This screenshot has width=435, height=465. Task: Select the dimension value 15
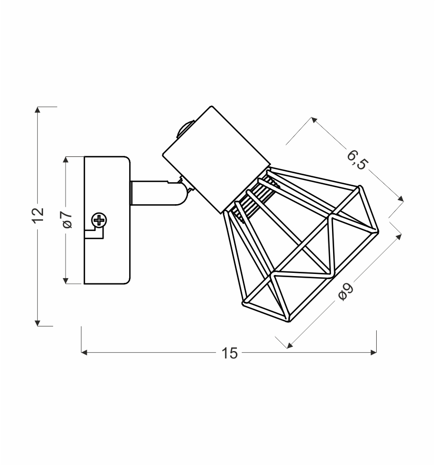[x=230, y=353]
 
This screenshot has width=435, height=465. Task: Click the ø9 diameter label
[x=346, y=292]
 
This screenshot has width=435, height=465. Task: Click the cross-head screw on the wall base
[x=99, y=220]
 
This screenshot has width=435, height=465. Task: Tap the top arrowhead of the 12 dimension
[x=37, y=110]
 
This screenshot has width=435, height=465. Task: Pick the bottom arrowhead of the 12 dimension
[x=37, y=323]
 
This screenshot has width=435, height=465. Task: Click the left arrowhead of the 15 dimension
[x=85, y=352]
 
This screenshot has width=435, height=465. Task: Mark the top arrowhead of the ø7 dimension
[x=66, y=160]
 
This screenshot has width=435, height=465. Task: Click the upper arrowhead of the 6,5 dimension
[x=314, y=120]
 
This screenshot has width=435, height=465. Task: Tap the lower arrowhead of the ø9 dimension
[x=291, y=345]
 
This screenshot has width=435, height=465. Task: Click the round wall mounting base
[x=107, y=220]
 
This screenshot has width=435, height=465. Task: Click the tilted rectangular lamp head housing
[x=216, y=160]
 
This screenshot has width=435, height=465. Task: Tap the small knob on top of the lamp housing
[x=185, y=129]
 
